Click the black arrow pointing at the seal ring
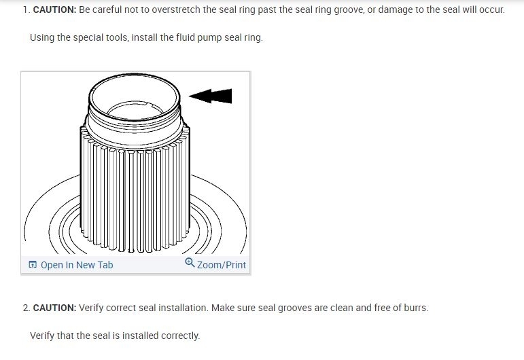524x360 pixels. point(211,96)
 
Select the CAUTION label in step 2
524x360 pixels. point(54,308)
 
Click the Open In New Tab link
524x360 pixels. point(77,265)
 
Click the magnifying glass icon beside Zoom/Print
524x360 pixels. point(190,264)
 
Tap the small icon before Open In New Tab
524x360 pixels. point(33,265)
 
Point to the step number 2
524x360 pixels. point(26,308)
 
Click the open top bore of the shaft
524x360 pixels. point(135,95)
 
